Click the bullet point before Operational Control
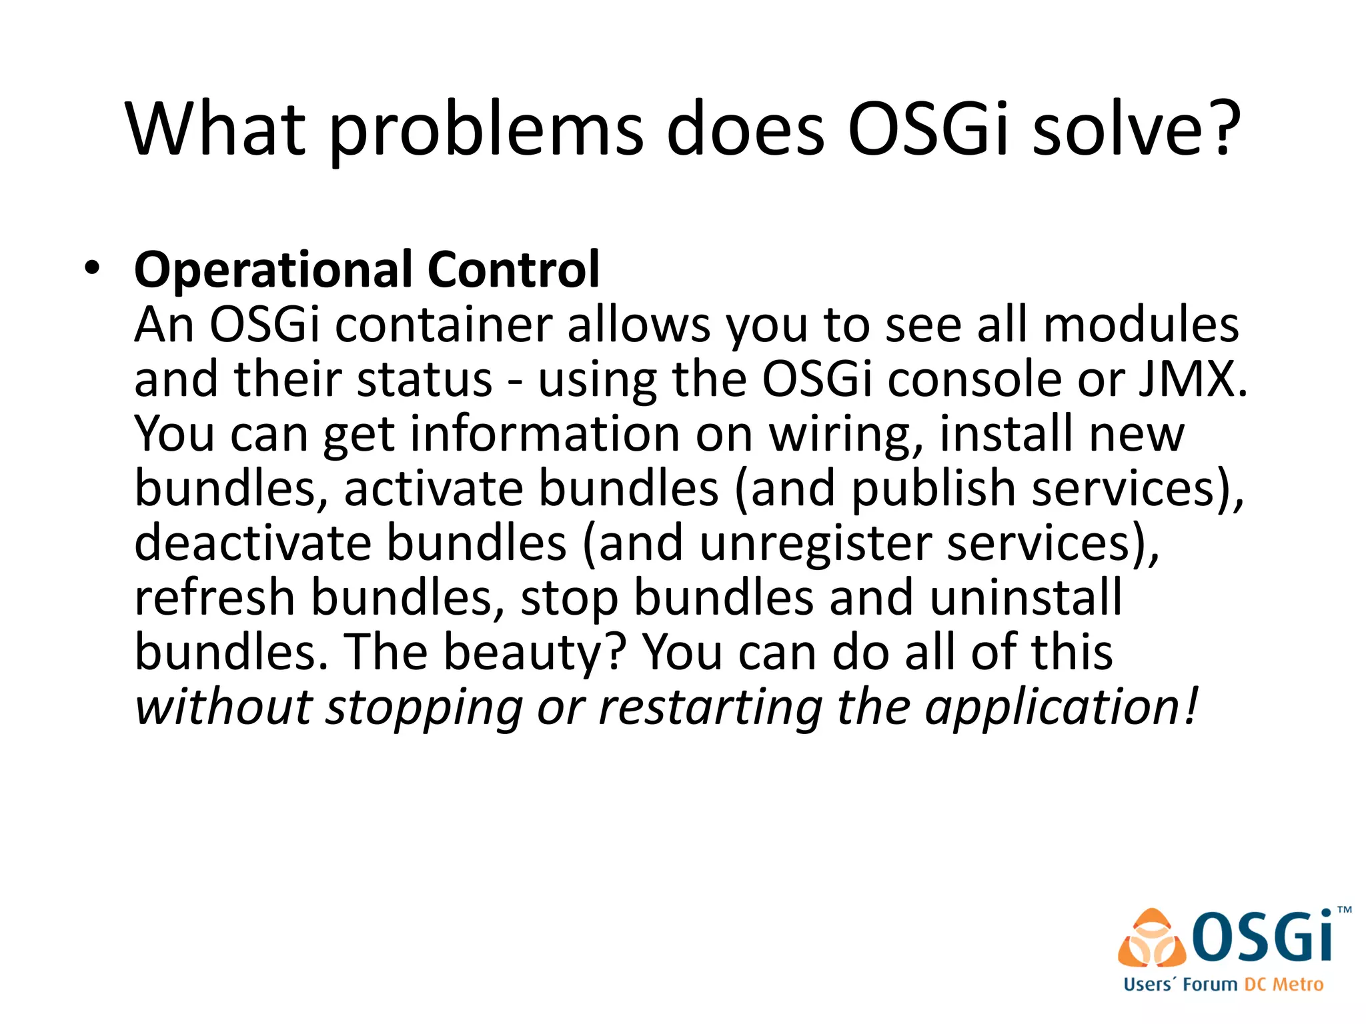point(92,269)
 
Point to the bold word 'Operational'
point(273,270)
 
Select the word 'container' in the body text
point(444,325)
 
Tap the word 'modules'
point(1141,325)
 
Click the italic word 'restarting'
point(711,707)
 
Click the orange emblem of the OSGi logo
point(1152,939)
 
